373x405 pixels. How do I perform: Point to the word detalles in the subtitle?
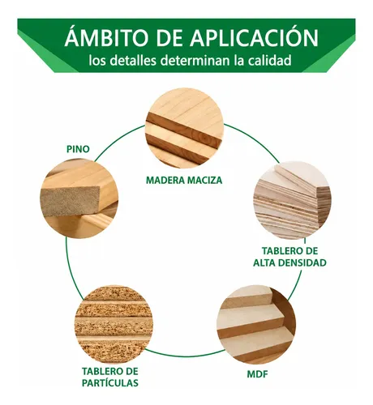[134, 61]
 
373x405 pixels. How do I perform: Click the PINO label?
[78, 149]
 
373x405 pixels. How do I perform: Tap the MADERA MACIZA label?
[184, 180]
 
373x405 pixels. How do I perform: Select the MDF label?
[257, 374]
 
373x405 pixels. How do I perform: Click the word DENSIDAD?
[302, 262]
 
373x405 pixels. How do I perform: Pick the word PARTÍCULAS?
[110, 382]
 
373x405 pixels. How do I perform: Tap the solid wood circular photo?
[185, 128]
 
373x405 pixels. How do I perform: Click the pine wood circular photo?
[79, 198]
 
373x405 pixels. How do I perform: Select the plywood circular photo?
[293, 200]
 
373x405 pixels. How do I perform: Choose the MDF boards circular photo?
[256, 324]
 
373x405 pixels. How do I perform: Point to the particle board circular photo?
[114, 324]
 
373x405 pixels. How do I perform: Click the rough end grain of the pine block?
[71, 201]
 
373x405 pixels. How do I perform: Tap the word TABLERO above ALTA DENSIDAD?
[280, 251]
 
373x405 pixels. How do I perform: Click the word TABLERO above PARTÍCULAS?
[101, 371]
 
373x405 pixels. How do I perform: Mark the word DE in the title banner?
[169, 37]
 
